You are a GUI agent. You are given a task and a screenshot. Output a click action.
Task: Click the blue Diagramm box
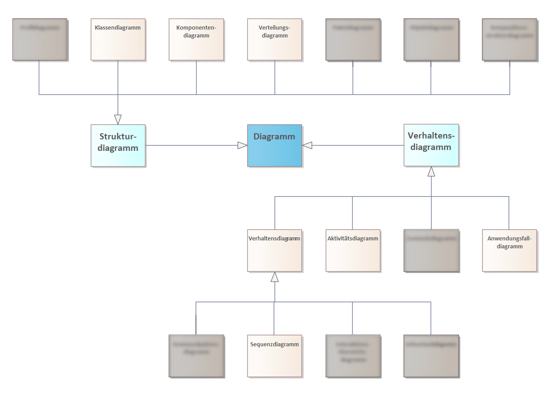point(274,145)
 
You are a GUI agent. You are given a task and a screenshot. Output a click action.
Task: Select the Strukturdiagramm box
point(118,145)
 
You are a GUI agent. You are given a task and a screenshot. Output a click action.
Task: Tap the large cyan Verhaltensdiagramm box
point(431,145)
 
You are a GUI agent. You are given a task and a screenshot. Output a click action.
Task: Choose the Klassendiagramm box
point(118,39)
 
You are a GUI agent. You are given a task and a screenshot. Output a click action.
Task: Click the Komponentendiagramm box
point(196,39)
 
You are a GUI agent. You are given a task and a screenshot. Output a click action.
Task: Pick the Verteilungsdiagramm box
point(275,39)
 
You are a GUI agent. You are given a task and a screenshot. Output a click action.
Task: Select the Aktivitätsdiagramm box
point(353,250)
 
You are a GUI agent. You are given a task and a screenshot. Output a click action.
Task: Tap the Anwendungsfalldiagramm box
point(509,250)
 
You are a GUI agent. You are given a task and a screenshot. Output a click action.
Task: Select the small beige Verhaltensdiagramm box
point(275,250)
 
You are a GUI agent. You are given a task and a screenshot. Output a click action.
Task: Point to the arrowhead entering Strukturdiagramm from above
point(118,119)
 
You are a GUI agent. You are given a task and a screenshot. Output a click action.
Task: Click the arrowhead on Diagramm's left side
point(242,145)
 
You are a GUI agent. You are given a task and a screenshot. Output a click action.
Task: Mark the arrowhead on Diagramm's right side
point(308,145)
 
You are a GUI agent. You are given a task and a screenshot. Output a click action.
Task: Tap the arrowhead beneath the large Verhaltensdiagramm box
point(431,172)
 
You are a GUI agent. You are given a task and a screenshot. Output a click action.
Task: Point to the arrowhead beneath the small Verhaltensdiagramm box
point(275,277)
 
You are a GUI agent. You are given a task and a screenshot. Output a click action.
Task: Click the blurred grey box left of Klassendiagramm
point(40,39)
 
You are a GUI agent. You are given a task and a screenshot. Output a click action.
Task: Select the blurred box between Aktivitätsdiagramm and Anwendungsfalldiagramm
point(431,250)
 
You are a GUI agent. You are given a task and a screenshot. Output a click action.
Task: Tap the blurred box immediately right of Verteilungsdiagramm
point(353,39)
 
